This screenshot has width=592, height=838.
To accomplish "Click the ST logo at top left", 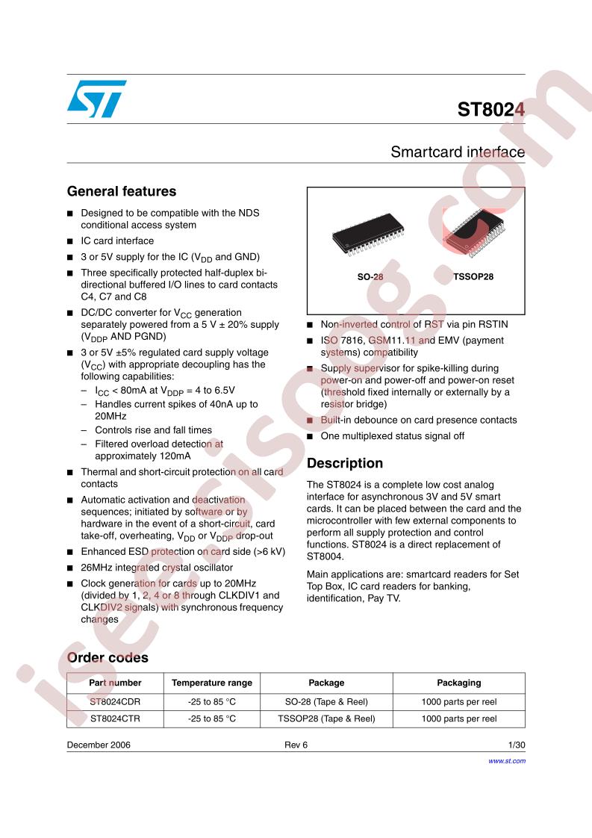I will coord(97,100).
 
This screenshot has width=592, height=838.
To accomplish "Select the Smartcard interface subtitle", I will coord(457,152).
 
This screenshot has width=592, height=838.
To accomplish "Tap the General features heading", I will coord(122,191).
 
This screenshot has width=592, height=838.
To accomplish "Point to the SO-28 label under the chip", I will coord(370,276).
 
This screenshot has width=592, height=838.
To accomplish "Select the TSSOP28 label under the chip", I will coord(473,276).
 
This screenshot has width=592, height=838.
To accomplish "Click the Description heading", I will coord(344,463).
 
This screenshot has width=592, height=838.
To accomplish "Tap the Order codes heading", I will coord(108,658).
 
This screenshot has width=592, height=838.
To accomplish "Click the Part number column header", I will coord(115,683).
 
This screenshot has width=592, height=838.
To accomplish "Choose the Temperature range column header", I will coord(212,683).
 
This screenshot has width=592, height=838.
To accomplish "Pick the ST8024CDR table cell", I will coord(115,701).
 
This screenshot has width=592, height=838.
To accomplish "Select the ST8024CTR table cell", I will coord(115,718).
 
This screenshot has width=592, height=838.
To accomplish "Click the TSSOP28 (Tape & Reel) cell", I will coord(326,718).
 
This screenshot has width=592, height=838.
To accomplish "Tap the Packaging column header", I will coord(458,683).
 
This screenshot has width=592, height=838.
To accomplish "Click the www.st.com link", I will coord(506,760).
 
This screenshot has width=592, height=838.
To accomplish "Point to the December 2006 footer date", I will coord(99,745).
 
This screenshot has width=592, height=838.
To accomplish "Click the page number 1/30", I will coord(516,745).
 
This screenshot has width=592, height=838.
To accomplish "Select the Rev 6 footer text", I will coord(296,745).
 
